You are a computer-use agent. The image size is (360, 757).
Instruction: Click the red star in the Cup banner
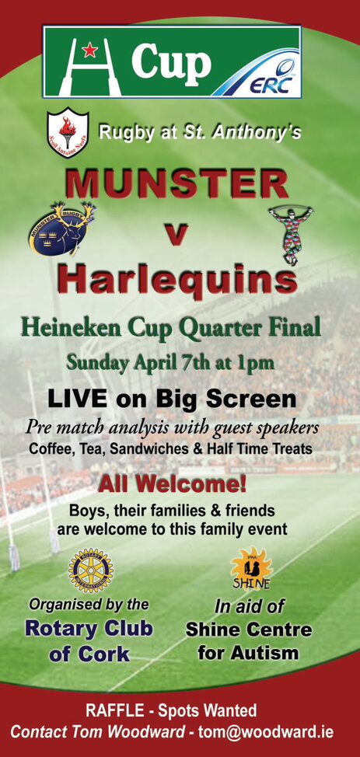[89, 49]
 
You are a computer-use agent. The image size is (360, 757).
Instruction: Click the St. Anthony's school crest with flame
[68, 131]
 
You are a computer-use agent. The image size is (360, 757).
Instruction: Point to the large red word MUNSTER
[177, 184]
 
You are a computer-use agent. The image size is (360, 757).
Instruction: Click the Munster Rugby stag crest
[62, 228]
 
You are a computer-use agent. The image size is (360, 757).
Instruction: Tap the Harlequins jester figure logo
[291, 234]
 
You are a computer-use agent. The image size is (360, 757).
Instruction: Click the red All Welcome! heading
[173, 485]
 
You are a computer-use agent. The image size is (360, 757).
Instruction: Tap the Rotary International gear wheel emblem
[91, 570]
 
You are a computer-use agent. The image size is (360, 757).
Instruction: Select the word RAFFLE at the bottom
[114, 710]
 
